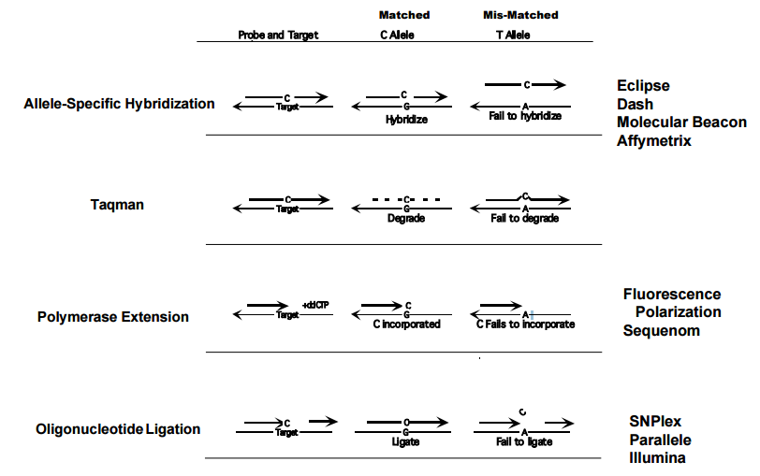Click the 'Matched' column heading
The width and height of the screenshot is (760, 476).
404,15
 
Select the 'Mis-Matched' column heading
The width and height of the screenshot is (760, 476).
520,15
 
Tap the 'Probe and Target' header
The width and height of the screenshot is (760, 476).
278,35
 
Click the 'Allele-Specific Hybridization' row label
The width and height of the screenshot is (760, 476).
119,104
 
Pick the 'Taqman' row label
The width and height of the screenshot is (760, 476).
117,204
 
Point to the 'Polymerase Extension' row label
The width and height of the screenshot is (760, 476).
113,317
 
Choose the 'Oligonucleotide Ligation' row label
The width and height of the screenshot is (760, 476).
118,429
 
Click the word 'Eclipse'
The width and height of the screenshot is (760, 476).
643,86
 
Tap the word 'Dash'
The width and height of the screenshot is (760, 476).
635,105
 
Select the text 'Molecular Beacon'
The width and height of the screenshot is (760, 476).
681,123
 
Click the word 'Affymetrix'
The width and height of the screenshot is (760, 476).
653,141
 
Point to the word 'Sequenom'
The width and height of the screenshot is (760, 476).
662,330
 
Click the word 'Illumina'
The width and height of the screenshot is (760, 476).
657,458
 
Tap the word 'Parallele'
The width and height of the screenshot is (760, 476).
660,440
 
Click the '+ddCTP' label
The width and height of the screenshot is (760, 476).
315,305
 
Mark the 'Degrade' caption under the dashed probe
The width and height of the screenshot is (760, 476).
406,218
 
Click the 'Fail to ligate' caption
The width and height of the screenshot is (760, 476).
524,441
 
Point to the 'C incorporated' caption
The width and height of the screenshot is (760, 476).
406,325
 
